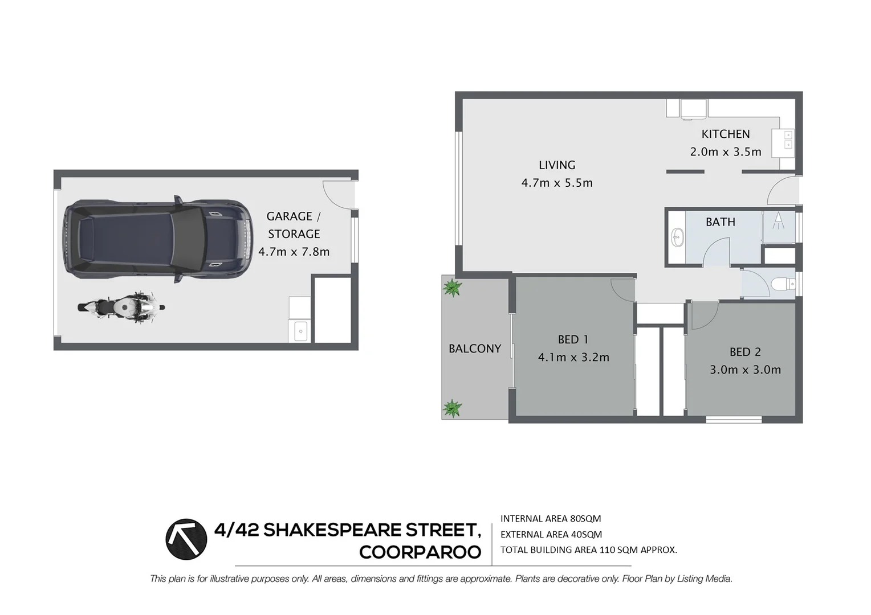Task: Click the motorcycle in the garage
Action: pyautogui.click(x=121, y=307)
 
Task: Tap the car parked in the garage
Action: pyautogui.click(x=157, y=240)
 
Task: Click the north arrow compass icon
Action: pyautogui.click(x=186, y=539)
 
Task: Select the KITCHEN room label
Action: pyautogui.click(x=725, y=134)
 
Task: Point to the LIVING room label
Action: pyautogui.click(x=557, y=165)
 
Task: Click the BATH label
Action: pyautogui.click(x=720, y=222)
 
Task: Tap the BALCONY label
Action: pyautogui.click(x=474, y=348)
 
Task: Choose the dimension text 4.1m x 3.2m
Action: pyautogui.click(x=573, y=358)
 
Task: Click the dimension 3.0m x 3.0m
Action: pyautogui.click(x=745, y=370)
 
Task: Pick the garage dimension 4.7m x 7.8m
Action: pyautogui.click(x=294, y=252)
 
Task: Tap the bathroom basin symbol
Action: pyautogui.click(x=677, y=237)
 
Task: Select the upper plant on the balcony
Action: pyautogui.click(x=452, y=288)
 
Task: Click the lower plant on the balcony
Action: pyautogui.click(x=452, y=408)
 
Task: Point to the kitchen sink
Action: pyautogui.click(x=788, y=140)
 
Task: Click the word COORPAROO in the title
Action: pyautogui.click(x=420, y=552)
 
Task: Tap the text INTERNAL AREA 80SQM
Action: pyautogui.click(x=550, y=519)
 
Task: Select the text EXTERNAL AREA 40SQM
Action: pyautogui.click(x=551, y=534)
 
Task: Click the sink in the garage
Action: pyautogui.click(x=300, y=331)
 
